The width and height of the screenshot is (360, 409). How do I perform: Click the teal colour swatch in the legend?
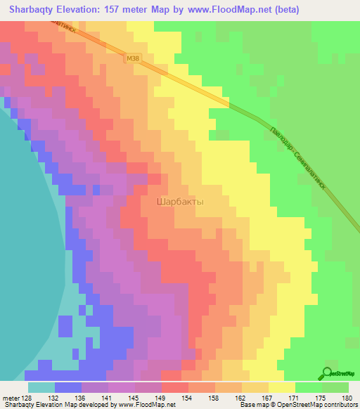[x=41, y=387]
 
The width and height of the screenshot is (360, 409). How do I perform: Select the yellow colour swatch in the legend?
[x=281, y=387]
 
